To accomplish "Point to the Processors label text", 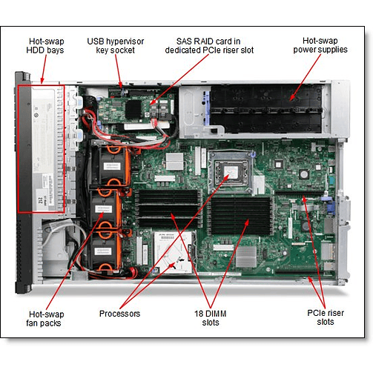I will (120, 314).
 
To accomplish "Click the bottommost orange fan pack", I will (111, 252).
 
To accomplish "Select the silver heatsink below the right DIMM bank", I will (247, 256).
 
